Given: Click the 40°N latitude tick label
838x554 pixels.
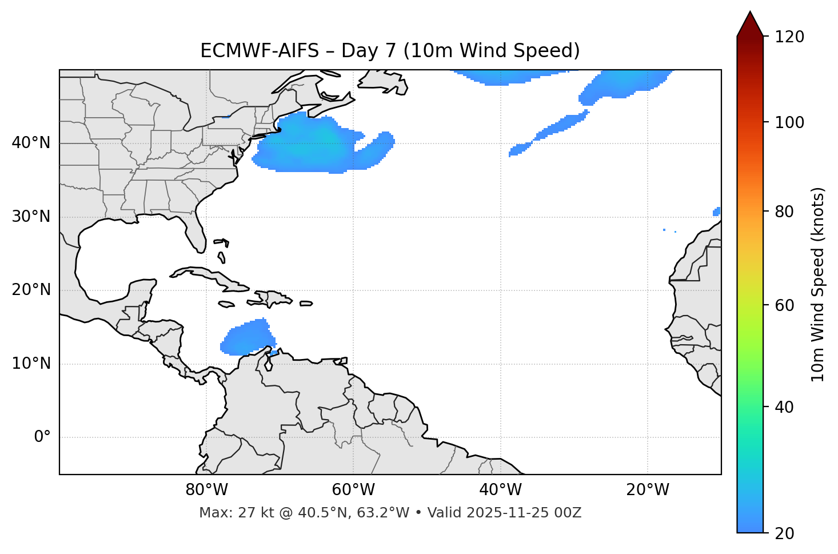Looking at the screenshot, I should coord(31,143).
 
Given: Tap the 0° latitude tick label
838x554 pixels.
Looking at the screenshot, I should coord(42,437).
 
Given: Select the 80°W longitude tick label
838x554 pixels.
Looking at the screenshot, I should coord(206,490).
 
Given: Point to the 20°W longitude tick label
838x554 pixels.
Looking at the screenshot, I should coord(648,490).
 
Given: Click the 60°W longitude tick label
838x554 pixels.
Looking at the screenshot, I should coord(353,490).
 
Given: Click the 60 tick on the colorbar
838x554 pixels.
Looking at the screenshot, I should coord(787,305).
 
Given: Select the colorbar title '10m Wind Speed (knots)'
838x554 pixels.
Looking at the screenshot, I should coord(818,284).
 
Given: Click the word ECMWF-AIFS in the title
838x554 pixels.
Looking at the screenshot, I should coord(259,51).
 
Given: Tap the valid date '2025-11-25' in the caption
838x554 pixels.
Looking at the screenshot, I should coord(510,513).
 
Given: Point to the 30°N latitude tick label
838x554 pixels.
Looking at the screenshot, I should coord(31,217).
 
